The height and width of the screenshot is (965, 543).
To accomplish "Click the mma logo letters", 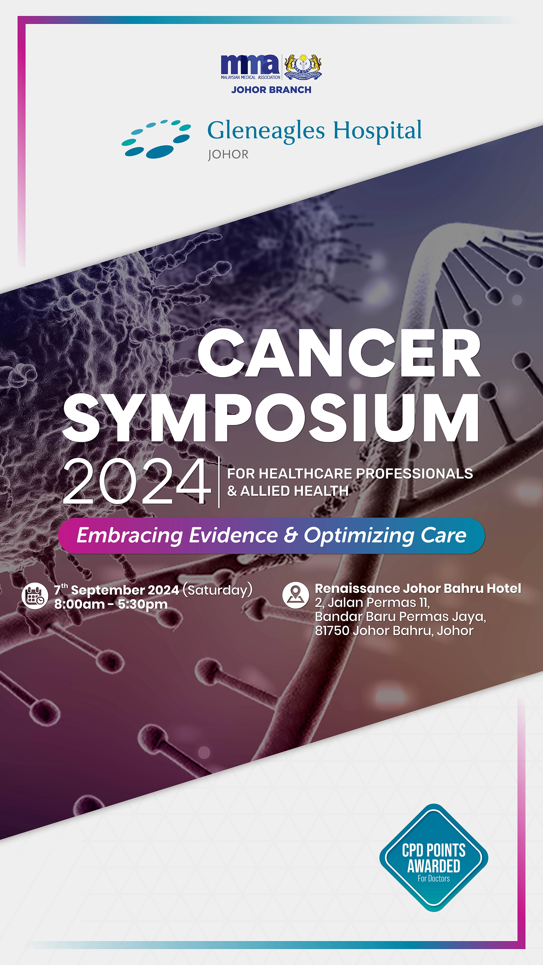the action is point(250,64).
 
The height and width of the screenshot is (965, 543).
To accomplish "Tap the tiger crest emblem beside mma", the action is point(303,67).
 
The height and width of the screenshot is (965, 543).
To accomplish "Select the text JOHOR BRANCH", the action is point(271,90).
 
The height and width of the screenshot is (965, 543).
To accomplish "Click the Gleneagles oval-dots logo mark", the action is point(156,139).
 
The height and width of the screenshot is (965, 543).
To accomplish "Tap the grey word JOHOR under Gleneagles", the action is point(228,155).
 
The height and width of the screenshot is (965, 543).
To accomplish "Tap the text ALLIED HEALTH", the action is point(294,491).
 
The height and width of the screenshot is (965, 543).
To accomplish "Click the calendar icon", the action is point(35,596).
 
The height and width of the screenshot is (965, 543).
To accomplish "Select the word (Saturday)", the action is point(217,590).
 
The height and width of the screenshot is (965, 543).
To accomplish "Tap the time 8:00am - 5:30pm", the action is point(111,604).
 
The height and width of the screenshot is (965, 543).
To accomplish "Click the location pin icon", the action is point(295,595).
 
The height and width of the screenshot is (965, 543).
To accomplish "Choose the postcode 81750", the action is point(332,631).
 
